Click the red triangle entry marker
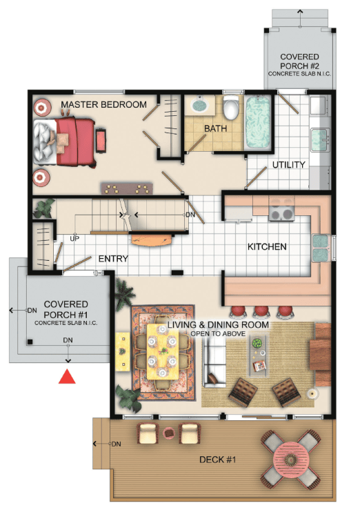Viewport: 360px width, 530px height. coord(67,377)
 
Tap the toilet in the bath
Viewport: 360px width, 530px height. coord(231,107)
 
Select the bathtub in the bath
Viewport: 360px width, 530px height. coord(258,122)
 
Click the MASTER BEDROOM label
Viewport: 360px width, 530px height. coord(103,104)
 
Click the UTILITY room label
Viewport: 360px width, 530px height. coord(289,165)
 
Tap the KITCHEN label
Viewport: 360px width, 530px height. coord(267,247)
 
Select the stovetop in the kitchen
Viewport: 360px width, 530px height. coord(281,214)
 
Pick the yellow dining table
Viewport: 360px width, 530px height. coord(163,351)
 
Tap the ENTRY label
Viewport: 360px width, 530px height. coord(113,259)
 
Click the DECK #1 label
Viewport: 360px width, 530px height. coord(217,460)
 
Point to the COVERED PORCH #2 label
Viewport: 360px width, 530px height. coord(299,61)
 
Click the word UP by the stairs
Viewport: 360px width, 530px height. coord(74,239)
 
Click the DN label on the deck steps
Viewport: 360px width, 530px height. coord(116,444)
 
